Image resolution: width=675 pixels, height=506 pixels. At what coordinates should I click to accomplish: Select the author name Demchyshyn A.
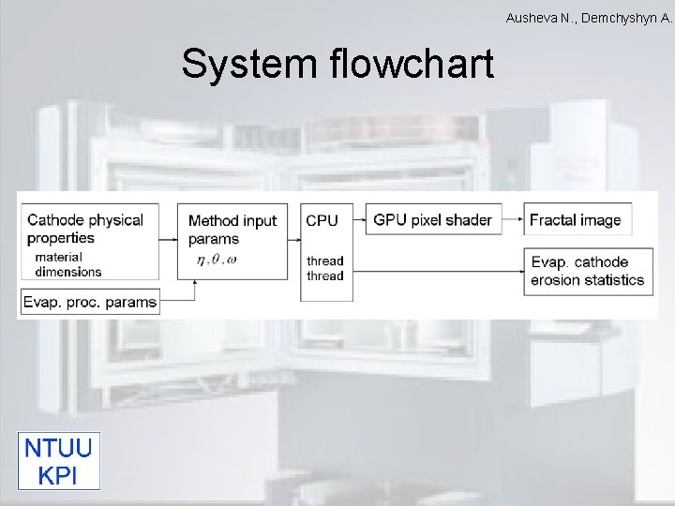pyautogui.click(x=626, y=18)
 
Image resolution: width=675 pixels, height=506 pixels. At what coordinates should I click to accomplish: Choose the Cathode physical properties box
pyautogui.click(x=89, y=241)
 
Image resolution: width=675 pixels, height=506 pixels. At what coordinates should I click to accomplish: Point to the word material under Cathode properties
pyautogui.click(x=58, y=258)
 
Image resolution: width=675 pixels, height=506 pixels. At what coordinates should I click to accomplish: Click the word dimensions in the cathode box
pyautogui.click(x=67, y=272)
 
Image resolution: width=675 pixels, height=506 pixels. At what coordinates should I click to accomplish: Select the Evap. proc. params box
pyautogui.click(x=90, y=302)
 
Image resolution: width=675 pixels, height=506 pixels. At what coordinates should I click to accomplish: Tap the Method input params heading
pyautogui.click(x=232, y=230)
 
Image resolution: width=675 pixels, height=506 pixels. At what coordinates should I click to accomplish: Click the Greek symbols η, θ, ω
pyautogui.click(x=217, y=260)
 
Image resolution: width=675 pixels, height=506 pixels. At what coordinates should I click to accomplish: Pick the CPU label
pyautogui.click(x=322, y=221)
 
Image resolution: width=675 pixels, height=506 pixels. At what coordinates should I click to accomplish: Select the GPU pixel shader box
pyautogui.click(x=432, y=220)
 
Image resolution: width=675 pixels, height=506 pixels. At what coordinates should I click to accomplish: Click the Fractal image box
pyautogui.click(x=576, y=220)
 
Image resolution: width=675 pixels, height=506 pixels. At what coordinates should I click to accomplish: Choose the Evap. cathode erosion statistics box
pyautogui.click(x=588, y=271)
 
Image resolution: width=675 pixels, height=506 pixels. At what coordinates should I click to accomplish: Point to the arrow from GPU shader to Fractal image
pyautogui.click(x=512, y=221)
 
